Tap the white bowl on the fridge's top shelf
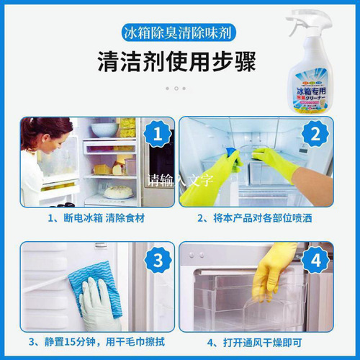click(104, 129)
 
